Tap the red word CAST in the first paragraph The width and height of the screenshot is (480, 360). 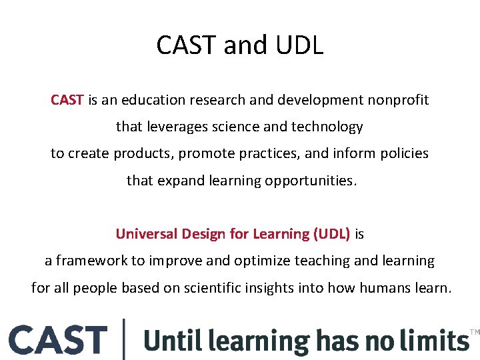[x=67, y=100]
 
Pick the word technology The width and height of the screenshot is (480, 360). [x=328, y=127]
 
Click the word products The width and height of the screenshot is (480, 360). [x=143, y=153]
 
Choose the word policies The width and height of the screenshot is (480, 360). [x=404, y=153]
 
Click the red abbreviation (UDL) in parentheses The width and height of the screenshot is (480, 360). [x=331, y=234]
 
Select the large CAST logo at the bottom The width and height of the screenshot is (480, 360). [x=58, y=340]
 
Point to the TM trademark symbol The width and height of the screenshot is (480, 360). [x=475, y=331]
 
